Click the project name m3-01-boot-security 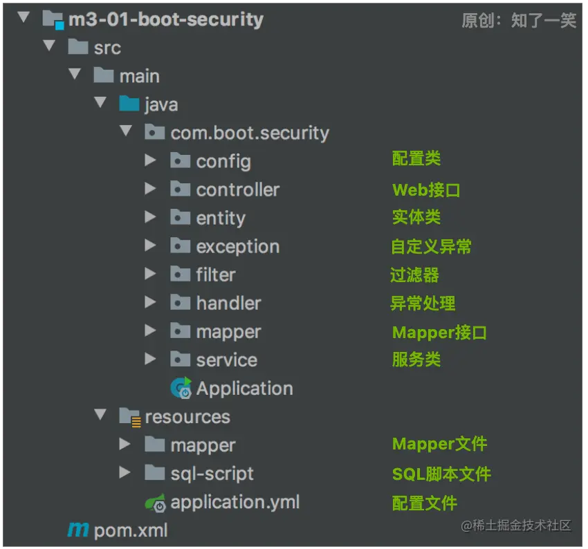pos(165,19)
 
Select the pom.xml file pos(131,530)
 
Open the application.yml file pos(235,502)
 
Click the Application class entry pos(244,389)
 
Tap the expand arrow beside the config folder pos(150,160)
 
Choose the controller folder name pos(237,189)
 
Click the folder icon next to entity pos(180,218)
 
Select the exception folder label pos(237,246)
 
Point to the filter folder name pos(216,274)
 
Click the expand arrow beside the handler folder pos(150,302)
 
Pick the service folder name pos(226,360)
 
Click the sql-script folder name pos(212,474)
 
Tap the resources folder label pos(187,417)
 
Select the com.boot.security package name pos(250,133)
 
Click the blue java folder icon pos(129,104)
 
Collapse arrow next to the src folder pos(48,46)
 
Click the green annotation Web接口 pos(426,189)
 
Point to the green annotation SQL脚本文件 pos(441,474)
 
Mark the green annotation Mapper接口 pos(439,332)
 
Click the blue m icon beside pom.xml pos(78,530)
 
